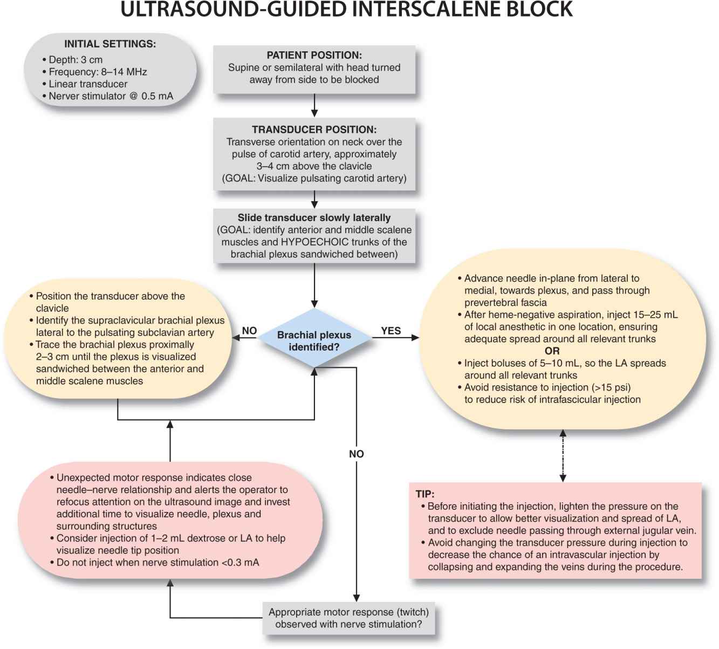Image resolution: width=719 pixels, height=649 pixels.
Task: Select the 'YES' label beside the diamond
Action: click(391, 331)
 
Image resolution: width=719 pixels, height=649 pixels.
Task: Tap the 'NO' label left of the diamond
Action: click(249, 331)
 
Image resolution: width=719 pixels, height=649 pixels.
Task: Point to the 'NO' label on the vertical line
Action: click(356, 454)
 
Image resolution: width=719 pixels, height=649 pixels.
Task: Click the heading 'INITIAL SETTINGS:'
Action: click(110, 44)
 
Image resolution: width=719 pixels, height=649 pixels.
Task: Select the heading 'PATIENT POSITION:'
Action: click(314, 55)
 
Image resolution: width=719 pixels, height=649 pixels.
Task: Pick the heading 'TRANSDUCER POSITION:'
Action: click(314, 129)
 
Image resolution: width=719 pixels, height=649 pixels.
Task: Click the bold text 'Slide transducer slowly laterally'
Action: click(314, 218)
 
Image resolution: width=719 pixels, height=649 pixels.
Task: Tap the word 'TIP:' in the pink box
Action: click(425, 494)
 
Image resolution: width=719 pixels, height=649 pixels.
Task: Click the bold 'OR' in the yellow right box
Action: click(552, 351)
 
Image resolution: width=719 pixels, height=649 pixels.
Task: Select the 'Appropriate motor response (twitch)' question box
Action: click(348, 618)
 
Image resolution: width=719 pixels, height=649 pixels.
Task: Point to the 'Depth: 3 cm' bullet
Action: click(76, 60)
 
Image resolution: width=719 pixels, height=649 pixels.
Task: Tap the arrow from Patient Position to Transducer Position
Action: click(314, 106)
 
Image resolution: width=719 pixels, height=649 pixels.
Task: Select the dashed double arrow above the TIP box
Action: click(563, 456)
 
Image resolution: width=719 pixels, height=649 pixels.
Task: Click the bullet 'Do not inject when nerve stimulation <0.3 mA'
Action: click(158, 562)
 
